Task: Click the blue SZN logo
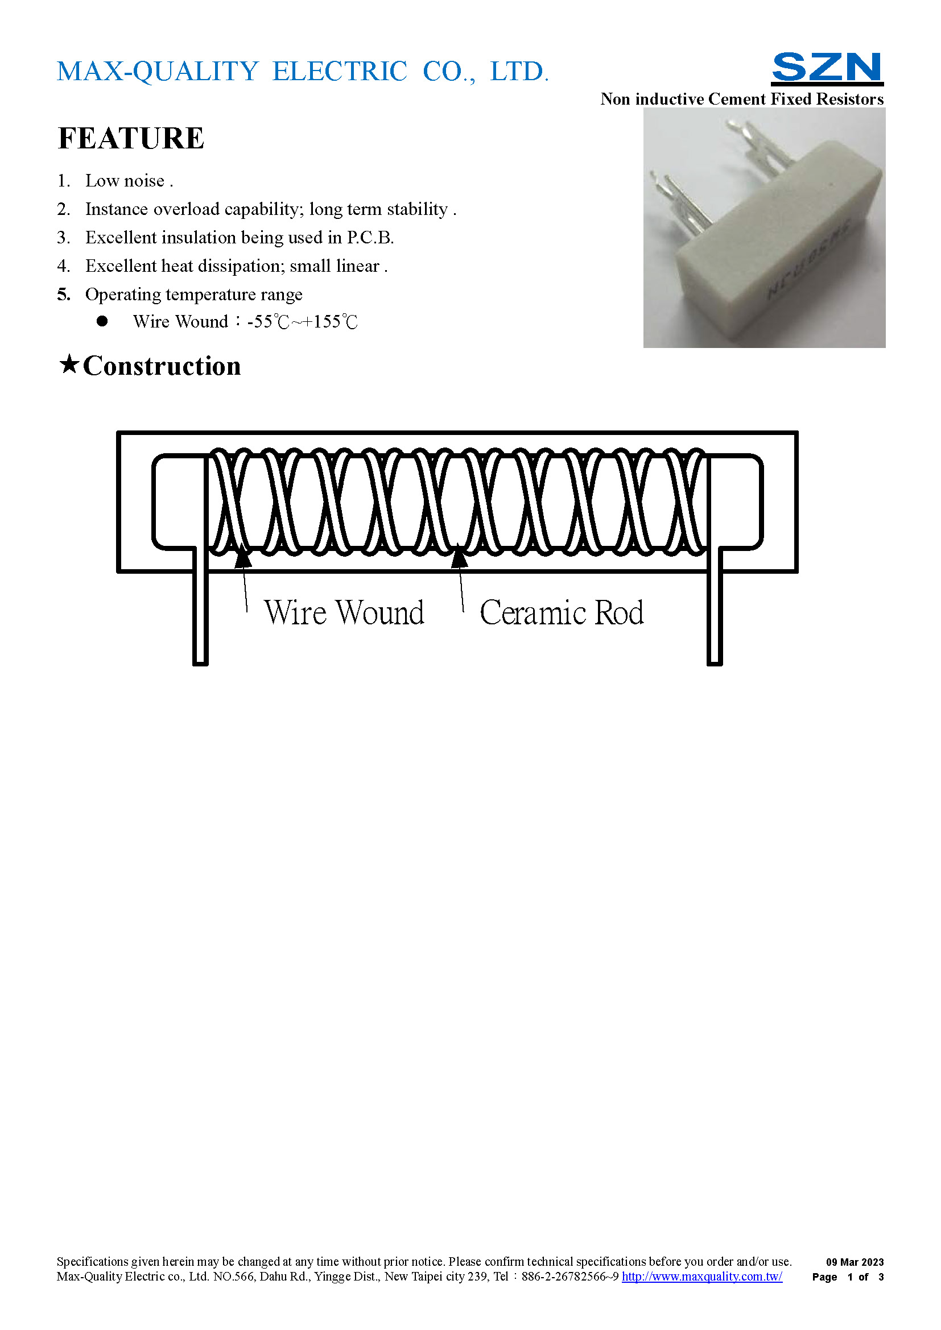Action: click(827, 68)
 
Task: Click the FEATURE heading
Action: click(131, 138)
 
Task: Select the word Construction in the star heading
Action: click(162, 366)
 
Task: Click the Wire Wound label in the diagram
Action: click(344, 612)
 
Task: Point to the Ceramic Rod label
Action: click(562, 612)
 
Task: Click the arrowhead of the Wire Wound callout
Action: click(243, 557)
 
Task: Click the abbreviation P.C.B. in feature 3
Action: click(370, 238)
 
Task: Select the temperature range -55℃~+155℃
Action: click(303, 321)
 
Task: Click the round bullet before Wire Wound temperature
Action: click(102, 321)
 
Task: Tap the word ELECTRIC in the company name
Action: click(340, 72)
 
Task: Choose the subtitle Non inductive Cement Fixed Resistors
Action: click(742, 99)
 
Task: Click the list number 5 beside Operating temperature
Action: click(63, 295)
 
